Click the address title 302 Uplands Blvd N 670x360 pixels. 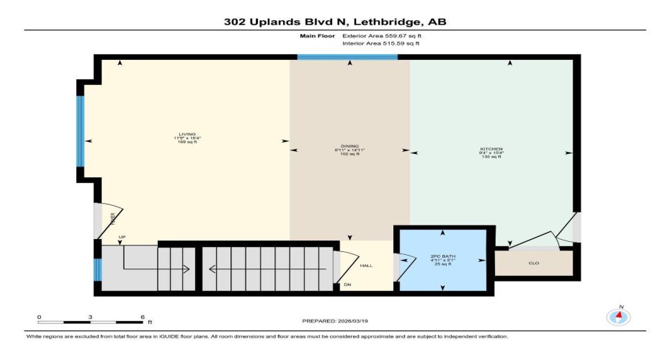334,22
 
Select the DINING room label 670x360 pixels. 349,149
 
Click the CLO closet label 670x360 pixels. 534,263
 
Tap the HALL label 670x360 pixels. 366,266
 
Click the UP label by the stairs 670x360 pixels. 112,236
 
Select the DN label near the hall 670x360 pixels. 347,285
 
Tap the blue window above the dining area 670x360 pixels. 347,57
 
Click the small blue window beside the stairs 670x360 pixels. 97,269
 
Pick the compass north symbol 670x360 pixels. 617,316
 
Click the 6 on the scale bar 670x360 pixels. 142,317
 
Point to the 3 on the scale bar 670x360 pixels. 90,317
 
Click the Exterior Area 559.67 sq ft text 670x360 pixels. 380,35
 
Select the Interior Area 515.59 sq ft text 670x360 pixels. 380,43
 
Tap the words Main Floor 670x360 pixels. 315,35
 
